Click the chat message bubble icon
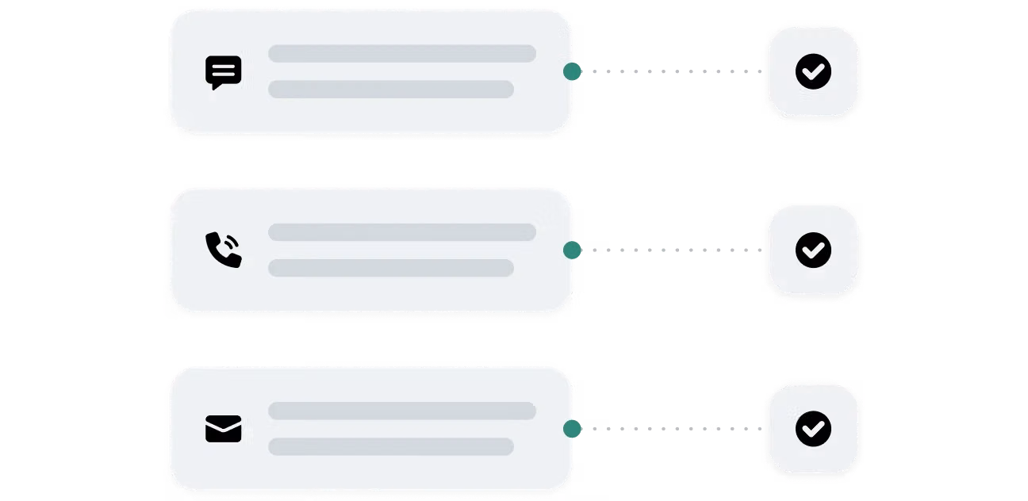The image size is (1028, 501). [223, 71]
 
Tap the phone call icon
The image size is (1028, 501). [223, 250]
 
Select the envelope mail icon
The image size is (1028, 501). [223, 429]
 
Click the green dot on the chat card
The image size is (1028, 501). [572, 72]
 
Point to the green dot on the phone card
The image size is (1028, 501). [572, 250]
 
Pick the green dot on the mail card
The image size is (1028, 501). [572, 429]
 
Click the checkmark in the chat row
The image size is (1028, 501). [813, 71]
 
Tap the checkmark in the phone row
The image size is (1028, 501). [813, 250]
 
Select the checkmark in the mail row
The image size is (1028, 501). [813, 428]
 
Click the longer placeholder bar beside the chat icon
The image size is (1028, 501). [401, 54]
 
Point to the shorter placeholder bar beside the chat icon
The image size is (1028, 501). [390, 89]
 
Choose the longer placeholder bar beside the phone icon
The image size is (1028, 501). [401, 232]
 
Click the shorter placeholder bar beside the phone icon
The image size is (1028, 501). [390, 268]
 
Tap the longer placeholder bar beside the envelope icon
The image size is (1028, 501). [401, 411]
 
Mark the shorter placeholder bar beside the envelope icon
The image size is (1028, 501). [390, 446]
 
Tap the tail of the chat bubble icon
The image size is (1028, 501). [215, 86]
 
